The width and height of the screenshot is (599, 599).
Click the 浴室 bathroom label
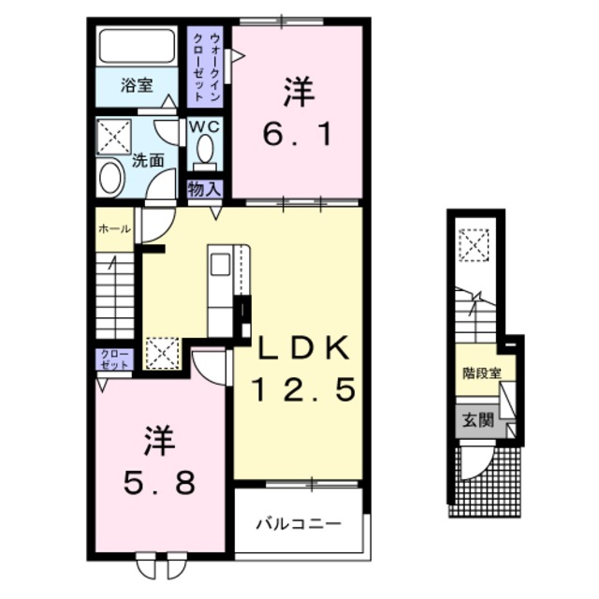coord(137,86)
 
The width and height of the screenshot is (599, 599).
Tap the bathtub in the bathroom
coord(137,46)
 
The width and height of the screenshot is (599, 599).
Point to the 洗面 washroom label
coord(148,160)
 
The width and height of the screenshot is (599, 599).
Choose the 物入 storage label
coord(205,189)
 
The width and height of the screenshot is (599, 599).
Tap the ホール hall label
coord(114,227)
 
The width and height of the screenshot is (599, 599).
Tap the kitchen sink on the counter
coord(220,265)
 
